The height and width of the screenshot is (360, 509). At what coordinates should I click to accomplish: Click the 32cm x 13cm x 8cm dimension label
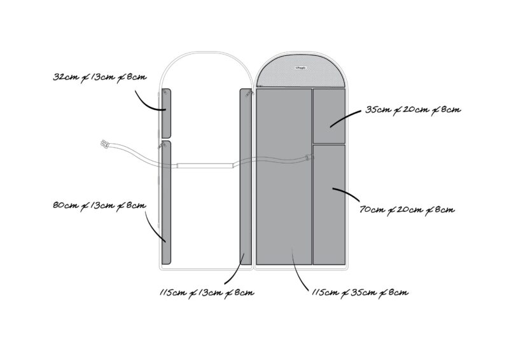pyautogui.click(x=100, y=77)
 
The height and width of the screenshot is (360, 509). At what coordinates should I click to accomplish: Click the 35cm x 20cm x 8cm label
pyautogui.click(x=413, y=110)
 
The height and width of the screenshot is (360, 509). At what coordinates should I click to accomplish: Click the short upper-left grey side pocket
pyautogui.click(x=166, y=113)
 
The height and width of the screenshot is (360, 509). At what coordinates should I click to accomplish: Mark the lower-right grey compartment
pyautogui.click(x=329, y=204)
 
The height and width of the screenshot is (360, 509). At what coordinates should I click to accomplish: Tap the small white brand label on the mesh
pyautogui.click(x=301, y=66)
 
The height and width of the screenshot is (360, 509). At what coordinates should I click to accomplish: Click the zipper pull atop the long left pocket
pyautogui.click(x=158, y=146)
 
